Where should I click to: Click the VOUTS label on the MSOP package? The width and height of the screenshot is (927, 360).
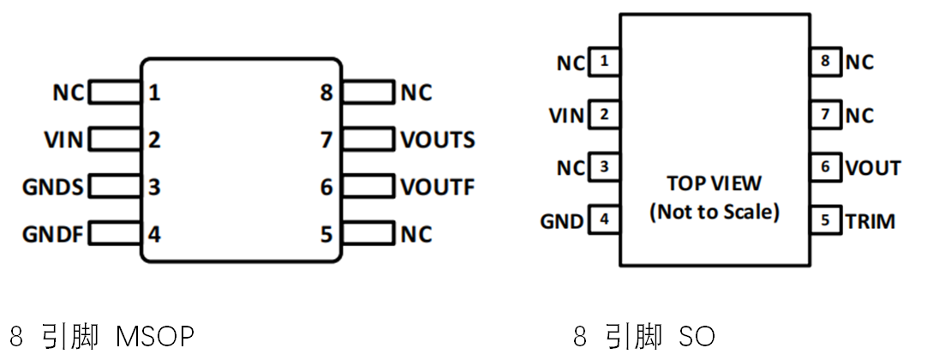tap(437, 139)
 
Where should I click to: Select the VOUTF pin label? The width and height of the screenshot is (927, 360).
tap(437, 186)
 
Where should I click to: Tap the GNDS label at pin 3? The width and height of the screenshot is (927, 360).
tap(53, 186)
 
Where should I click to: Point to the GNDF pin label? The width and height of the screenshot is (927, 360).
tap(53, 233)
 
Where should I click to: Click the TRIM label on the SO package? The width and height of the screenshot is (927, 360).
tap(870, 220)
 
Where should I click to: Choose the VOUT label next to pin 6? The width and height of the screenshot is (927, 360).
tap(873, 167)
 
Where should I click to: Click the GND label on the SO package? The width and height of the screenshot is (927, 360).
tap(561, 221)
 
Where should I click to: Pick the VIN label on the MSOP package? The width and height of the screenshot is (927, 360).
tap(64, 139)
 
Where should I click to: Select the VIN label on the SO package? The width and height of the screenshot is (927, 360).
tap(566, 115)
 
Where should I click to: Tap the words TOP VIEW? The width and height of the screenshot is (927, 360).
tap(714, 184)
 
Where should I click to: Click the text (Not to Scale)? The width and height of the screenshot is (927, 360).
tap(714, 212)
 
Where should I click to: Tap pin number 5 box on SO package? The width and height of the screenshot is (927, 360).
tap(825, 220)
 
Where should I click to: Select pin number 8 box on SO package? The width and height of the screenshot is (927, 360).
tap(825, 62)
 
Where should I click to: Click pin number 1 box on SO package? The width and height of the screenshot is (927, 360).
tap(605, 62)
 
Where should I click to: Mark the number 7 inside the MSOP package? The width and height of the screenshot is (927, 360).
tap(326, 139)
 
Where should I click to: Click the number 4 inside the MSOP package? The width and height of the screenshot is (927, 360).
tap(154, 233)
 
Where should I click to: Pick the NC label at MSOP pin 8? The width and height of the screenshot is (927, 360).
tap(416, 92)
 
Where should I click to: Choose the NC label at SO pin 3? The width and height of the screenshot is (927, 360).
tap(571, 168)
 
